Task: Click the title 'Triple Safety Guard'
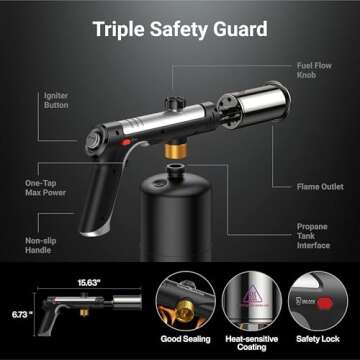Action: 180,29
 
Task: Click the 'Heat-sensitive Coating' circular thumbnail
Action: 250,301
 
